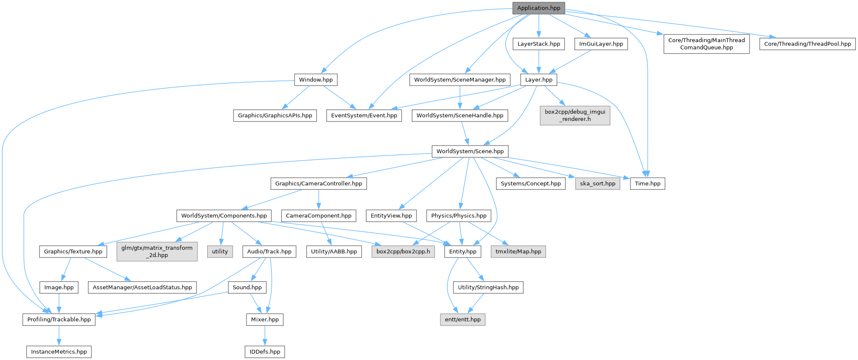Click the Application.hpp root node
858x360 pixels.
(539, 8)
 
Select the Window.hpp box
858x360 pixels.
(316, 80)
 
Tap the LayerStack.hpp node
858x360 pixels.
(539, 44)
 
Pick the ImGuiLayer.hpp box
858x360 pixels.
(601, 44)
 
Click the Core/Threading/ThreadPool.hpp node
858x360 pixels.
(807, 44)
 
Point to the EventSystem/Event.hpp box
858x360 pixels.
(364, 115)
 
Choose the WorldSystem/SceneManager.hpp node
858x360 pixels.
(459, 80)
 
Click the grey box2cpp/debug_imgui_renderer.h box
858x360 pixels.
(575, 115)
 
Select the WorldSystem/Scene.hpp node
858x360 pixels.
(470, 151)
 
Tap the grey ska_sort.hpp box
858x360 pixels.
(598, 183)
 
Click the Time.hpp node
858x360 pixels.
(647, 183)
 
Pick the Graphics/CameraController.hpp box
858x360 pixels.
(318, 183)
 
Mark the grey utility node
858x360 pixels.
(220, 251)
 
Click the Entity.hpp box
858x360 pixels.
(463, 251)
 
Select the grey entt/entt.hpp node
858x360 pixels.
(462, 320)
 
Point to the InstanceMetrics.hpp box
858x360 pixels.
(59, 352)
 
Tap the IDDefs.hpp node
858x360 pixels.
(265, 352)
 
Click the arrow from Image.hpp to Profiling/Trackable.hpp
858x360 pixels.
(59, 303)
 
